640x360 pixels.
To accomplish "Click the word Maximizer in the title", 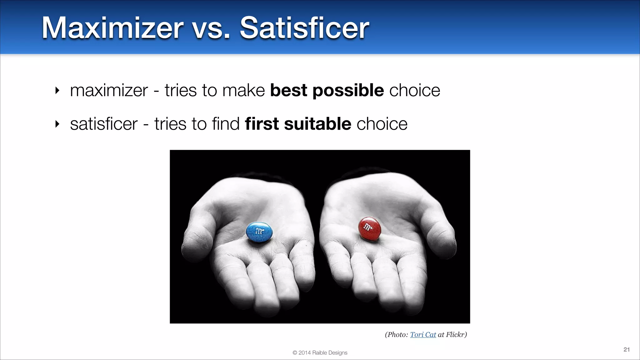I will (112, 28).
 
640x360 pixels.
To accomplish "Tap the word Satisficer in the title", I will (304, 28).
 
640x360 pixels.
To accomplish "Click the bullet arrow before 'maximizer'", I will (57, 91).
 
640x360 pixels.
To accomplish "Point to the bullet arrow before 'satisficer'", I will (57, 124).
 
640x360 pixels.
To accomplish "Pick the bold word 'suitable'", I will (317, 124).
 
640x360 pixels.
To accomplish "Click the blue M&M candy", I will (259, 232).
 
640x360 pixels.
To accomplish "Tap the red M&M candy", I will (369, 228).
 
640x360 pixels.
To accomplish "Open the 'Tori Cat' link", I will (423, 335).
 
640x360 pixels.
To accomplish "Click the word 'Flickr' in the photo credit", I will (456, 335).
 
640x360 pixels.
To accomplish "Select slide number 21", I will (626, 349).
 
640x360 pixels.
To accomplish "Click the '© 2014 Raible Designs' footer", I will (320, 352).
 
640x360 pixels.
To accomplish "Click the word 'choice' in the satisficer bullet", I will (382, 124).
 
